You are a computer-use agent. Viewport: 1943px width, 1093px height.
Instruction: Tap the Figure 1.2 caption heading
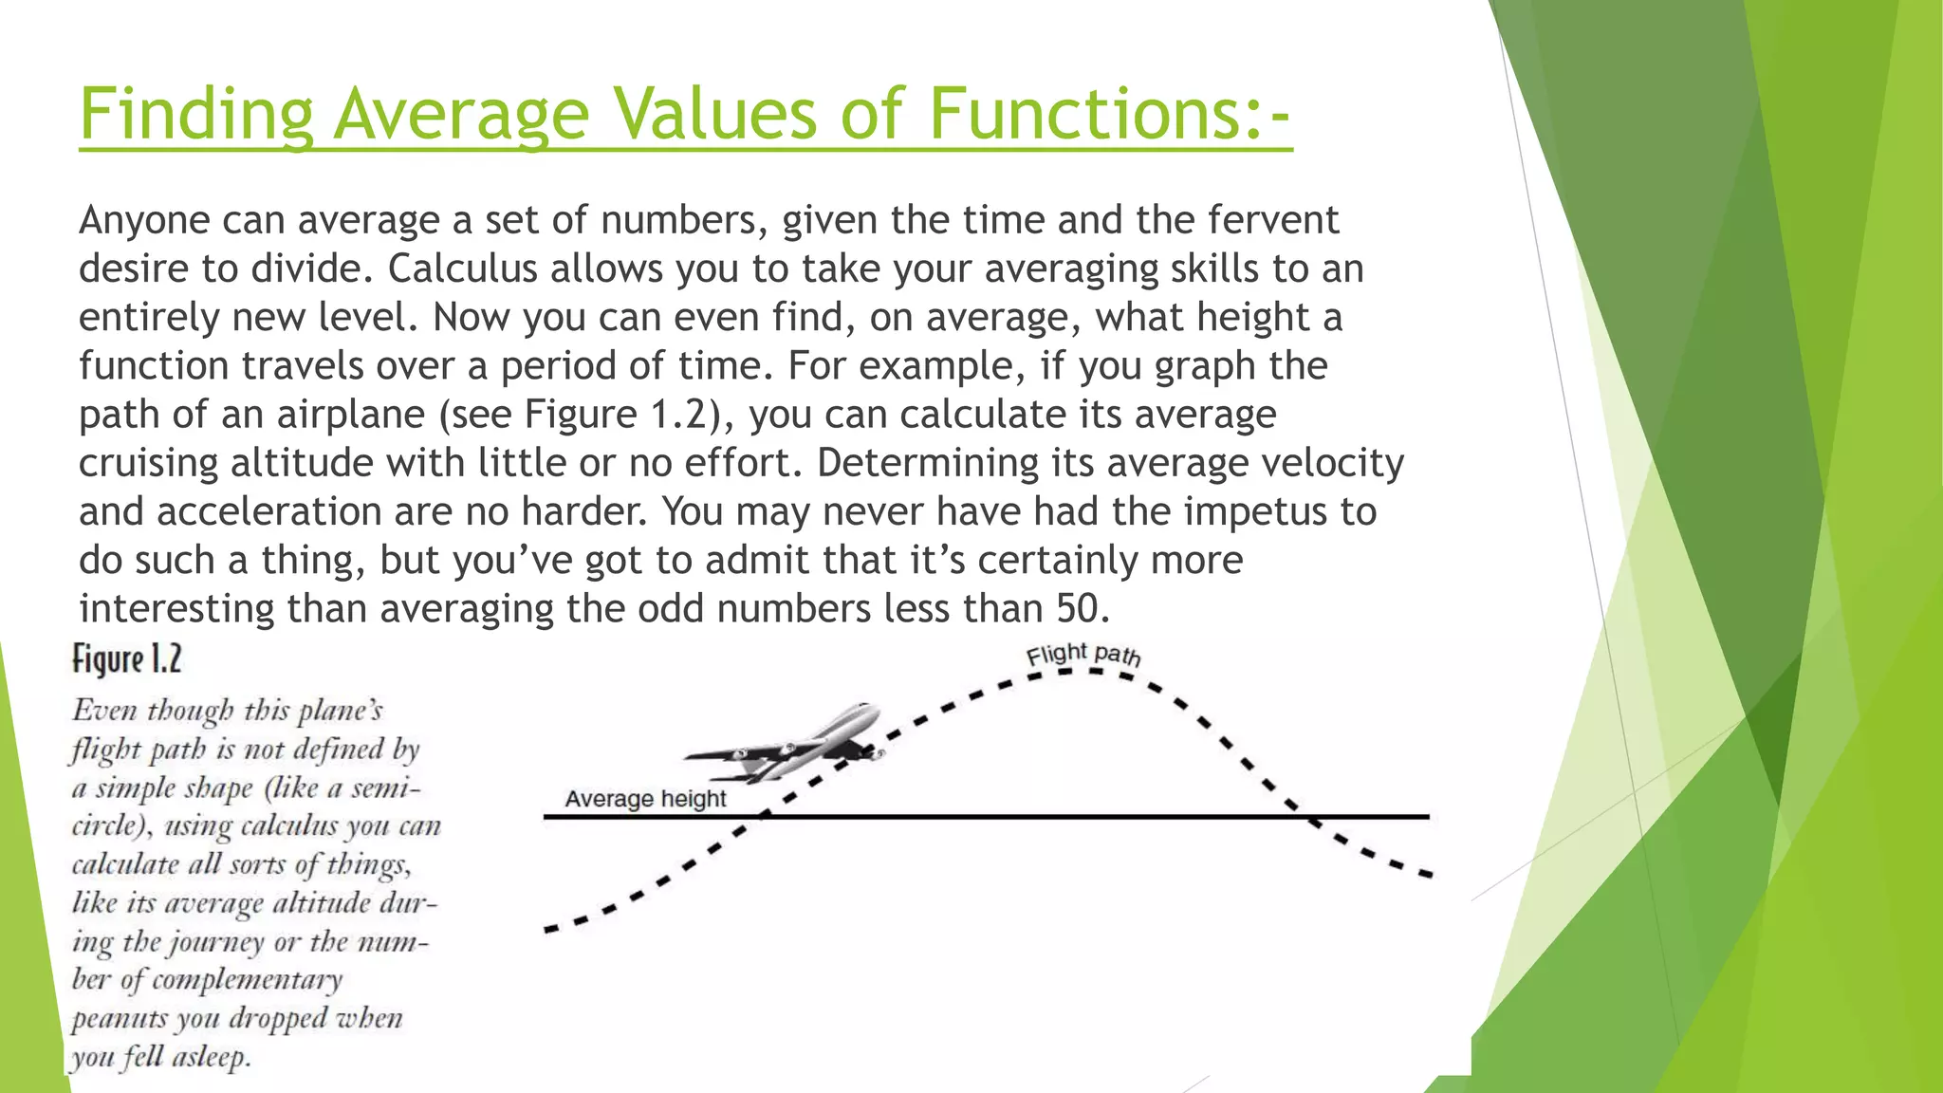127,659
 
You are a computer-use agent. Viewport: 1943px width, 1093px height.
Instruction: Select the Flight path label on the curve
1083,655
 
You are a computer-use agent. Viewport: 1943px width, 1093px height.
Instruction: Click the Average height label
645,799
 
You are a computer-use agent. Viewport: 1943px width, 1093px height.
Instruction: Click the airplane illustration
787,745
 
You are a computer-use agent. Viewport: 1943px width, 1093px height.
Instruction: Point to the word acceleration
268,511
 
